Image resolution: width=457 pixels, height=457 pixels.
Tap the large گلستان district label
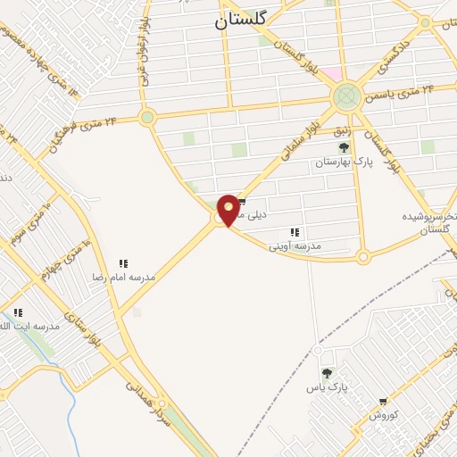coord(240,24)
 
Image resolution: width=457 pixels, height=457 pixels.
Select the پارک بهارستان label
coord(344,162)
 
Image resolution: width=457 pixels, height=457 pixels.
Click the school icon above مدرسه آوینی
coord(295,233)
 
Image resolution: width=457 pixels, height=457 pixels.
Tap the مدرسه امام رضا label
coord(123,278)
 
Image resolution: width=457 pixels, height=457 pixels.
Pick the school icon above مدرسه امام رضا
coord(124,264)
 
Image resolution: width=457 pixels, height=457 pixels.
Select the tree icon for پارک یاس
coord(326,374)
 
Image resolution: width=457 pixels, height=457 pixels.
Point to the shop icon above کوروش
coord(384,403)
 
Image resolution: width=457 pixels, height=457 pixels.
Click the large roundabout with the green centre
coord(346,96)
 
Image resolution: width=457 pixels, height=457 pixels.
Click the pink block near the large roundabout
coord(332,72)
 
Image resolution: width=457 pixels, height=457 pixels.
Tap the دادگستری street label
coord(393,50)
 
